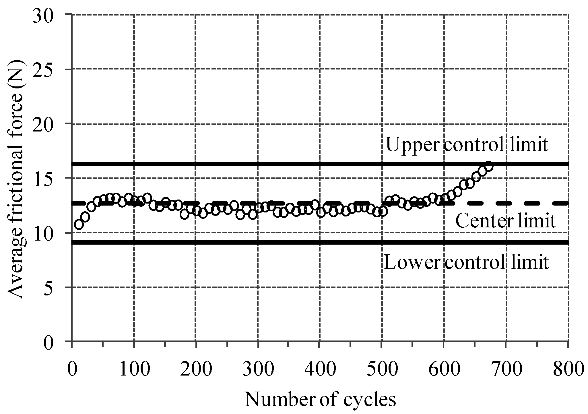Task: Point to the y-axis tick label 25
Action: click(x=46, y=69)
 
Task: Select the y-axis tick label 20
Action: click(x=46, y=124)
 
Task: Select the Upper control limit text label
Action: click(x=467, y=145)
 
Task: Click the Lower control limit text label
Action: click(x=466, y=262)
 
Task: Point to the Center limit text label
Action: click(x=505, y=221)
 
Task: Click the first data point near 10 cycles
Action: click(x=79, y=225)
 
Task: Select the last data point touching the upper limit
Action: click(x=489, y=166)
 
